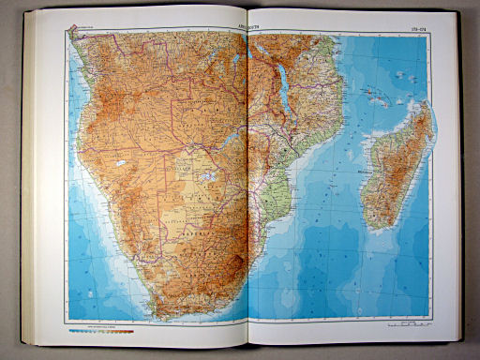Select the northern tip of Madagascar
click(427, 104)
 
